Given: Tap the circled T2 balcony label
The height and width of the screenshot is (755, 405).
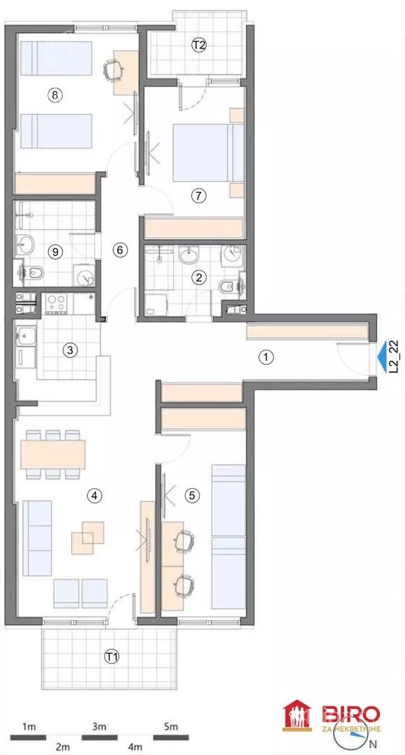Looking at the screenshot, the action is pyautogui.click(x=199, y=45).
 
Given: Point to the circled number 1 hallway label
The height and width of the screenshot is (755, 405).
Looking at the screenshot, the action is pyautogui.click(x=265, y=357).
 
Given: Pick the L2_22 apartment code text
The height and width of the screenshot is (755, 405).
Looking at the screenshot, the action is pyautogui.click(x=395, y=357).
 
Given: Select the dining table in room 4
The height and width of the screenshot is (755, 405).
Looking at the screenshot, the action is pyautogui.click(x=53, y=454).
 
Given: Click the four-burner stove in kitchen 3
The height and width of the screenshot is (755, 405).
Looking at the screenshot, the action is pyautogui.click(x=57, y=303).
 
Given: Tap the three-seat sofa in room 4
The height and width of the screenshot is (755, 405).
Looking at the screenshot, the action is pyautogui.click(x=37, y=538).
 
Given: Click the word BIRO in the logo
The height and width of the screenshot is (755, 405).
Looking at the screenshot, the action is pyautogui.click(x=351, y=714).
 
